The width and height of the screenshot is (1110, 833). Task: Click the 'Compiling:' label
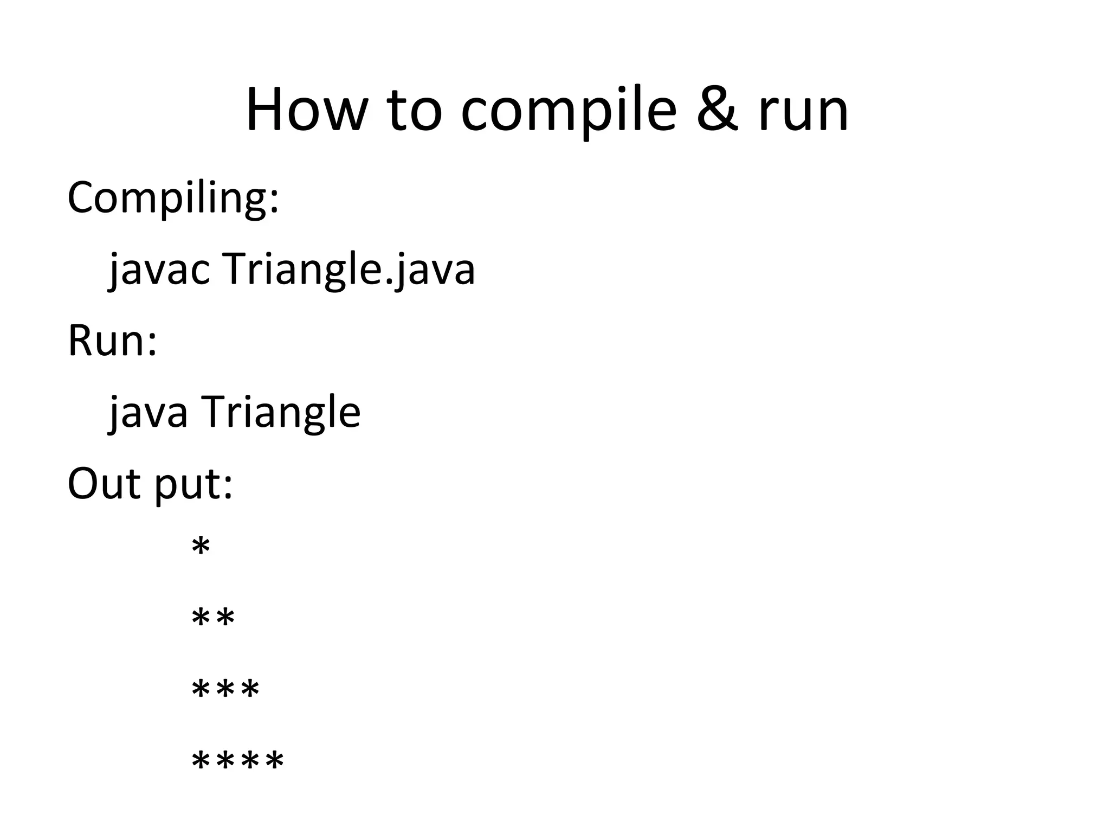[173, 198]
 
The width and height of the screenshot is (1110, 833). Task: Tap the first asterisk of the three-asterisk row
[201, 690]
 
